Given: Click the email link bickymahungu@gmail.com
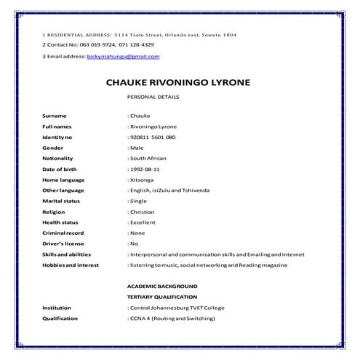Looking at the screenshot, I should click(x=123, y=56).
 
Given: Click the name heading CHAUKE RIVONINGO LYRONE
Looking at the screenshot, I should click(x=179, y=84).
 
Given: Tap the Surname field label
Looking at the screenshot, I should click(x=55, y=116).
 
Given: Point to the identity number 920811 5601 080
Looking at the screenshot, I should click(x=152, y=137).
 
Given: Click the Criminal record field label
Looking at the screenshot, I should click(x=64, y=233).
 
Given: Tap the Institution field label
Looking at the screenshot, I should click(x=57, y=308).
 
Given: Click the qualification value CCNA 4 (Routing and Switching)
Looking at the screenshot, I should click(x=172, y=319).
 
